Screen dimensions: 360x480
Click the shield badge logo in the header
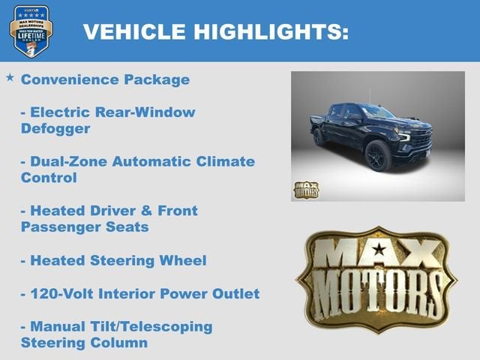[x=31, y=31]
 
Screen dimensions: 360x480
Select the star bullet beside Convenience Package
[x=10, y=78]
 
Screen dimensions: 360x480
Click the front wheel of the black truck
[x=378, y=156]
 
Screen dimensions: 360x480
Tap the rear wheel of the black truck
[x=319, y=137]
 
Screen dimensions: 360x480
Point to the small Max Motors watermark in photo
[x=305, y=190]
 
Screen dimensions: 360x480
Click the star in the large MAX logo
[x=379, y=249]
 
